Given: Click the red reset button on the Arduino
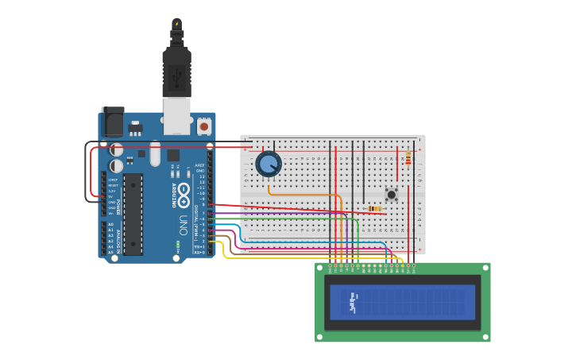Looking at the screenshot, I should (x=204, y=126).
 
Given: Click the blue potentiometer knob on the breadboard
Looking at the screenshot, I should (x=269, y=164).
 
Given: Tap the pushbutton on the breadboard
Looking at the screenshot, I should (x=391, y=194).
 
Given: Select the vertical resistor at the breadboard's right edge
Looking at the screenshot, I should (x=408, y=159).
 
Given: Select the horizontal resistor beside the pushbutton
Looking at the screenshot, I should (x=374, y=208).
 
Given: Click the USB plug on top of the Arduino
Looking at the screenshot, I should (x=176, y=75).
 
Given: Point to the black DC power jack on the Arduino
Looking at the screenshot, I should (x=112, y=121).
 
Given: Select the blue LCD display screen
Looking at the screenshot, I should (x=402, y=302).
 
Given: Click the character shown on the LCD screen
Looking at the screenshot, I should (x=353, y=302).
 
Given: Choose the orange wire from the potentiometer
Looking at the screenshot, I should (x=302, y=194).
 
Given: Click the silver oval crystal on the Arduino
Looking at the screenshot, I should (x=155, y=153).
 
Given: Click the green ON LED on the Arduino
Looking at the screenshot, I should (x=178, y=242).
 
